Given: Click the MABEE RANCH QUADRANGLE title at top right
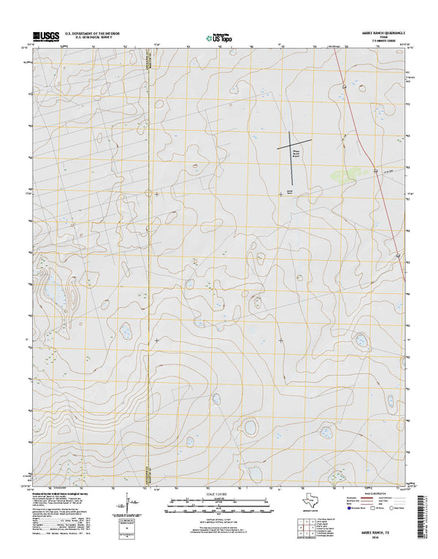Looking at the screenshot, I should point(380,31).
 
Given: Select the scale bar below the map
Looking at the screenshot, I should point(218,503).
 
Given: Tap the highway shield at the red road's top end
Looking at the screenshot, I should point(342,87).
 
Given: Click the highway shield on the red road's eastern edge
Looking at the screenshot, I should point(398,255).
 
